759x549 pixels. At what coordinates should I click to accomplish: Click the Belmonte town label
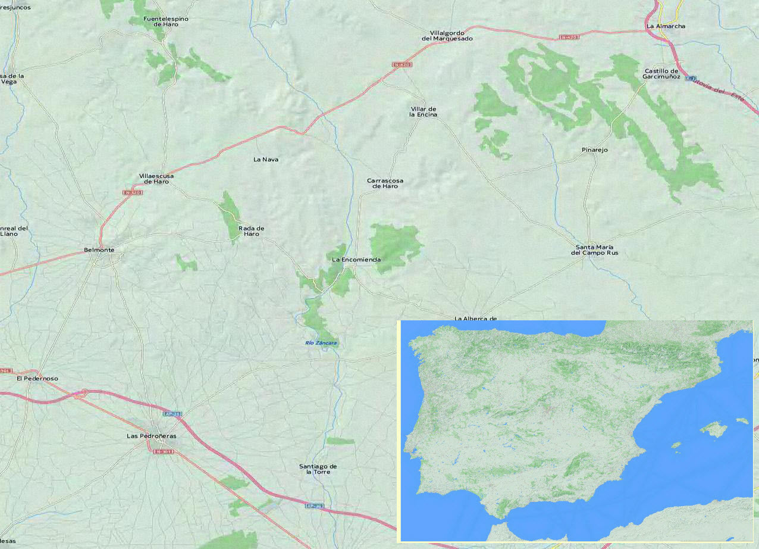(99, 250)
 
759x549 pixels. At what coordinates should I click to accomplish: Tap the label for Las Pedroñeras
(152, 436)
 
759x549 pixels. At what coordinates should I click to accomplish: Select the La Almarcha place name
(666, 26)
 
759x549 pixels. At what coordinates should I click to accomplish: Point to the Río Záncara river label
(321, 344)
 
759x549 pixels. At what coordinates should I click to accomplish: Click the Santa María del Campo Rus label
(594, 250)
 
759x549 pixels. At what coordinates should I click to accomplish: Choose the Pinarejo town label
(595, 150)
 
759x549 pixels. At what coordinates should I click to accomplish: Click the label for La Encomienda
(356, 260)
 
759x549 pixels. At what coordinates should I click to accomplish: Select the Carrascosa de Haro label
(385, 183)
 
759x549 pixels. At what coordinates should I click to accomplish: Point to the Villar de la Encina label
(424, 112)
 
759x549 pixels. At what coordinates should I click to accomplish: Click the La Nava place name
(266, 160)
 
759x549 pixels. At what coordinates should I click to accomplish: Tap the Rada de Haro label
(251, 231)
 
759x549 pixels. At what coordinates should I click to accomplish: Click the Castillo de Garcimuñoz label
(661, 74)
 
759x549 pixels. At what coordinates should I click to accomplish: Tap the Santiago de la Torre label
(318, 469)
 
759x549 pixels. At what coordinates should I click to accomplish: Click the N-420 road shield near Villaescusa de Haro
(132, 192)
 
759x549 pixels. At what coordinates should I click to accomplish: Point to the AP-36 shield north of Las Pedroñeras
(172, 413)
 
